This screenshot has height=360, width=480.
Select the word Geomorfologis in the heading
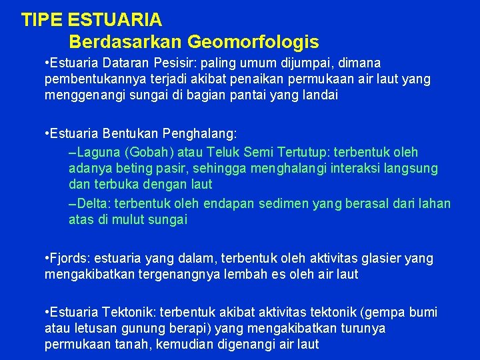point(253,42)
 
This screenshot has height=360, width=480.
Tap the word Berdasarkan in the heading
point(125,42)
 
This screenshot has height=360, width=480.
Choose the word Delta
point(91,203)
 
